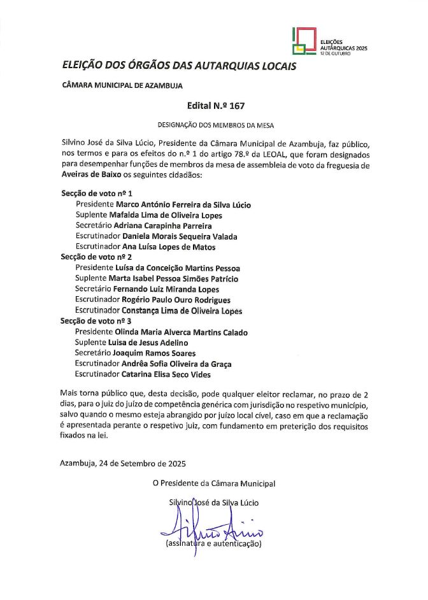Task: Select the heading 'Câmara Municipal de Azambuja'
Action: click(x=122, y=85)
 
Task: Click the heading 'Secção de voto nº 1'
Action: click(x=96, y=193)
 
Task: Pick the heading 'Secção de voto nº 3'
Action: click(x=96, y=322)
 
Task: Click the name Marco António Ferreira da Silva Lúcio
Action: click(x=183, y=204)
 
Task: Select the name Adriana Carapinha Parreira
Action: click(x=162, y=225)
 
